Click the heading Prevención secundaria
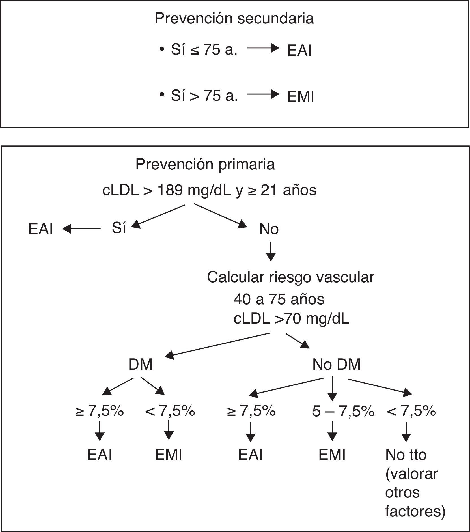[x=234, y=19]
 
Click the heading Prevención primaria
[x=205, y=165]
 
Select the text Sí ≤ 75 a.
[x=204, y=50]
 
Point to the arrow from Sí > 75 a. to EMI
[x=263, y=94]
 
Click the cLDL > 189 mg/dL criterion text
[x=209, y=190]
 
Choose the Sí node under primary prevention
[x=119, y=228]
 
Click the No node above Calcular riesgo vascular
[x=269, y=229]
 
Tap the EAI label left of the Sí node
[x=41, y=229]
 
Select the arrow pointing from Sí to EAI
[x=81, y=229]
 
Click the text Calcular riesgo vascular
[x=290, y=277]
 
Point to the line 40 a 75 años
[x=279, y=299]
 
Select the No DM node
[x=336, y=365]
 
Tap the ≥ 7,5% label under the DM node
[x=100, y=411]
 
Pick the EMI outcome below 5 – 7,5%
[x=332, y=455]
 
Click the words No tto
[x=406, y=455]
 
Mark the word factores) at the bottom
[x=415, y=511]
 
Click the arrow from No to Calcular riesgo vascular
[x=271, y=251]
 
